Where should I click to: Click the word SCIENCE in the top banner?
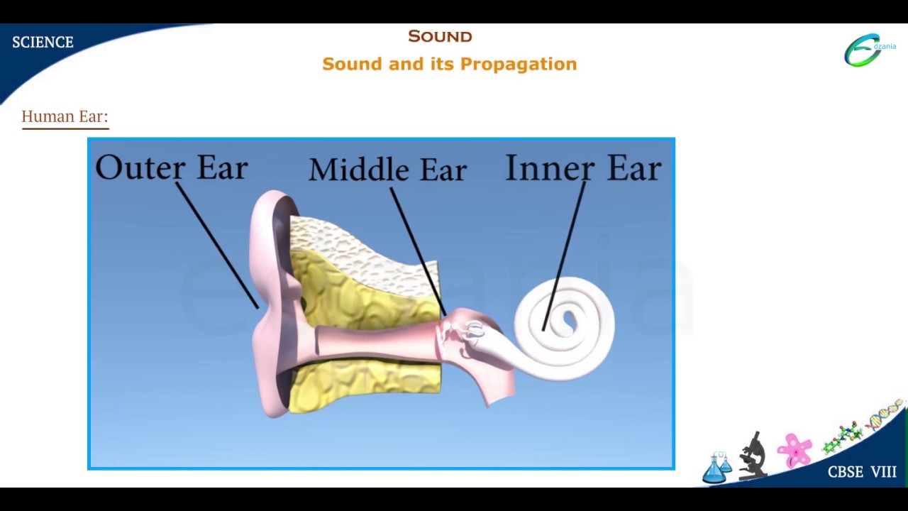[43, 43]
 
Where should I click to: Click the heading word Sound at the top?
[440, 36]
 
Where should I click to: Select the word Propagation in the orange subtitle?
[519, 65]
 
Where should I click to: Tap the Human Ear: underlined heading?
[65, 116]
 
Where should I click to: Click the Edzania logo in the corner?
[869, 50]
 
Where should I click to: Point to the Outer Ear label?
[171, 167]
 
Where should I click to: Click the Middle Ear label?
[387, 170]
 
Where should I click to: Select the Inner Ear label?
[583, 168]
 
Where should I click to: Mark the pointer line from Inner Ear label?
[565, 255]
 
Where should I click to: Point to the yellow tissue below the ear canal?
[362, 376]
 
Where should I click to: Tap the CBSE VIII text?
[862, 473]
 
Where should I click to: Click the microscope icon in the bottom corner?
[753, 456]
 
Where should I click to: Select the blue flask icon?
[715, 468]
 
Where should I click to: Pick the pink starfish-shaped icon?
[794, 450]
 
